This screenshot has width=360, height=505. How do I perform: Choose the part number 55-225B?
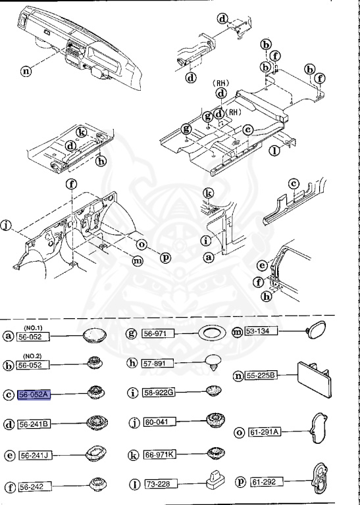262,376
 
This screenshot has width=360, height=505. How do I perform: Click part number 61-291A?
265,432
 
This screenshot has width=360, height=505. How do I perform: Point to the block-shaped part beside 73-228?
212,483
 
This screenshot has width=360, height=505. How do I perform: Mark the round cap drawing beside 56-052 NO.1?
95,336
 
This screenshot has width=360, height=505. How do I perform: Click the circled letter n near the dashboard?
26,71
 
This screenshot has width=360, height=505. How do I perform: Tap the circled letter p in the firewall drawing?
165,257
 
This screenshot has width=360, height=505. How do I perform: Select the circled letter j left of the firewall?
6,227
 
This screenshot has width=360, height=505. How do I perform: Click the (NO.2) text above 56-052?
34,356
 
